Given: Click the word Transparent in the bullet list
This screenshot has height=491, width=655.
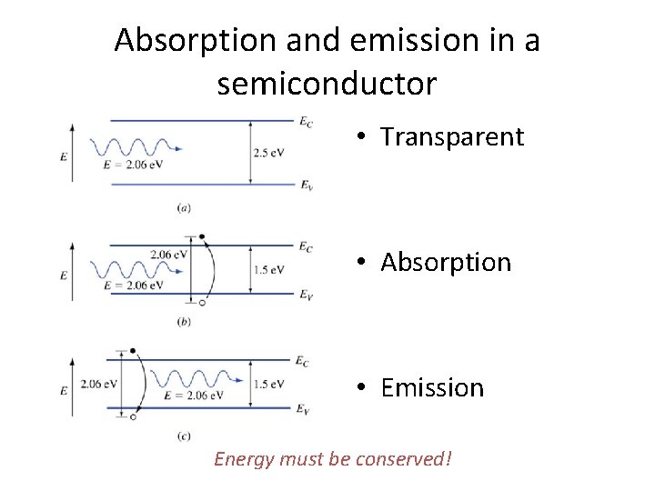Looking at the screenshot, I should pos(452,137).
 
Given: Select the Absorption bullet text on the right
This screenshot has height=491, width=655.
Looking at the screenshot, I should pos(446,263).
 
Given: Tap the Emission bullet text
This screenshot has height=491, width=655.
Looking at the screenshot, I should pos(432,388).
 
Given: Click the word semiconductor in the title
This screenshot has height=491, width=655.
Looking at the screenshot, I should pos(327,85).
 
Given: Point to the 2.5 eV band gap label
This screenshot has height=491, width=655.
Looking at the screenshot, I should pos(268,153).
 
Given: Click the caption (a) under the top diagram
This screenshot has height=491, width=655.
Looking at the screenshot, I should pos(184,208).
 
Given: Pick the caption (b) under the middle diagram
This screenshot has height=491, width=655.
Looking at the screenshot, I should pos(184,322).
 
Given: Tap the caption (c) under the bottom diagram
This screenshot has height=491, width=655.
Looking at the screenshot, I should pos(184,437).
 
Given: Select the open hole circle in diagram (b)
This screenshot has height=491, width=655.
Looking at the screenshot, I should pos(202,303).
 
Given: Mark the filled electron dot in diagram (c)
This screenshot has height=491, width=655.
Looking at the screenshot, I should pos(133,350).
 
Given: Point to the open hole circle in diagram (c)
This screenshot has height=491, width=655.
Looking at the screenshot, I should pos(133,416).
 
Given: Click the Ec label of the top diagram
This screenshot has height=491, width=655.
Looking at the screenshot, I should pos(307,120).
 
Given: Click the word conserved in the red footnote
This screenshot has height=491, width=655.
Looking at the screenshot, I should pos(400,459).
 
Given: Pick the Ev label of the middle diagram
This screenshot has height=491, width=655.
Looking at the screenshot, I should pos(307,296).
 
